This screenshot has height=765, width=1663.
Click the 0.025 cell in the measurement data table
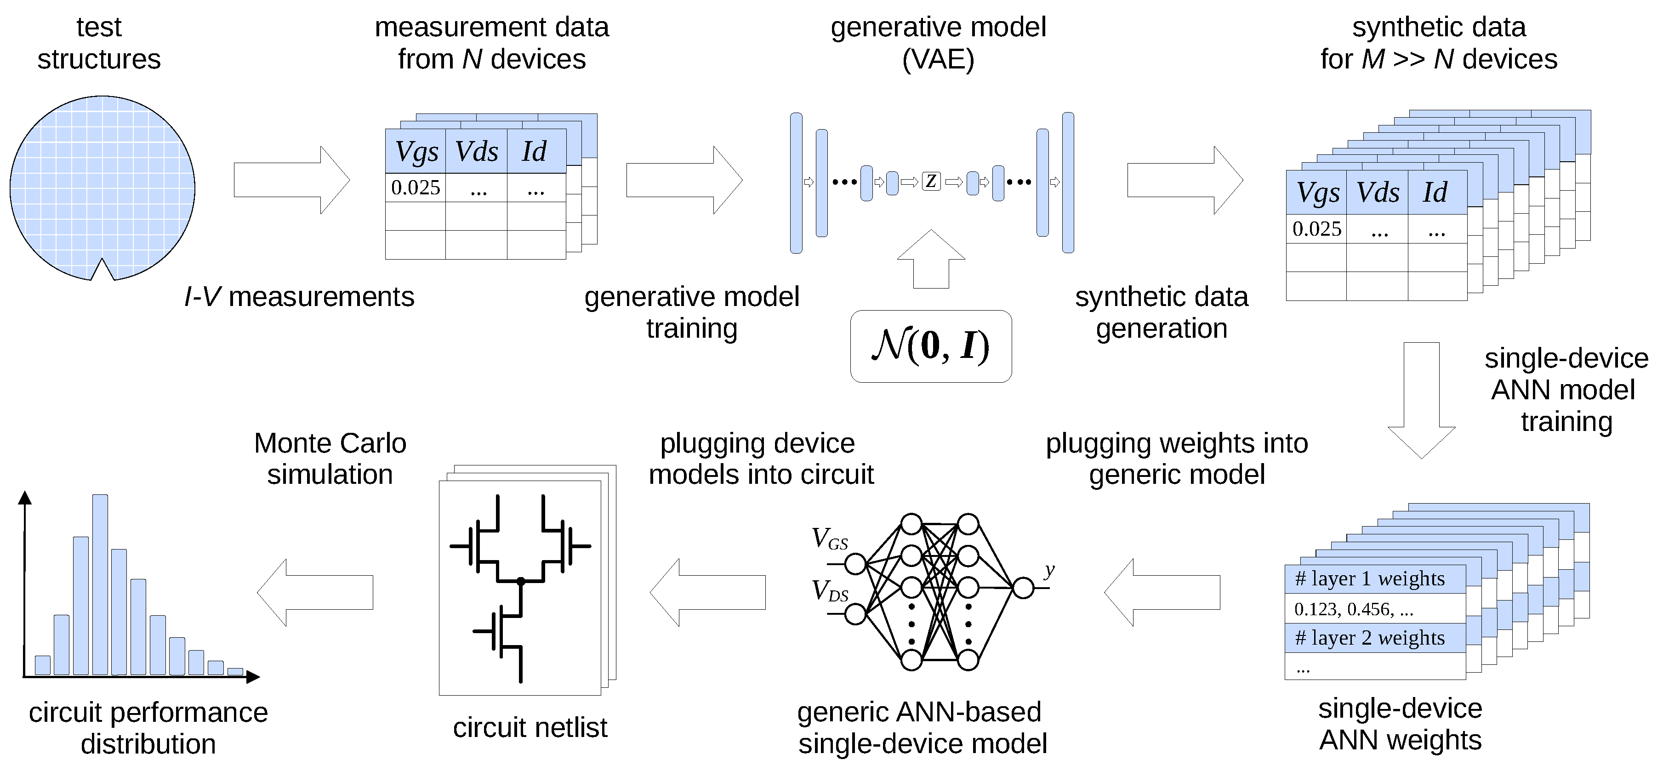pyautogui.click(x=415, y=188)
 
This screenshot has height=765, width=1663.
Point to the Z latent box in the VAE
pyautogui.click(x=930, y=181)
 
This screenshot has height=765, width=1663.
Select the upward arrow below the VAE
pyautogui.click(x=931, y=259)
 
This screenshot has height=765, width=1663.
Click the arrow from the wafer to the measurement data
pyautogui.click(x=291, y=180)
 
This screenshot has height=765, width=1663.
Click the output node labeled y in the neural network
pyautogui.click(x=1023, y=588)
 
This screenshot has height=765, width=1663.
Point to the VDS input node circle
pyautogui.click(x=855, y=614)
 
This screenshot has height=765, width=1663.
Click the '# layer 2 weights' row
pyautogui.click(x=1375, y=638)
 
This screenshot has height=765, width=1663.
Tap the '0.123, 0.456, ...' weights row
pyautogui.click(x=1375, y=609)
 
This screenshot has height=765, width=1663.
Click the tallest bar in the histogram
pyautogui.click(x=100, y=584)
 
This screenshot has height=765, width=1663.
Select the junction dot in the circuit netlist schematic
pyautogui.click(x=520, y=582)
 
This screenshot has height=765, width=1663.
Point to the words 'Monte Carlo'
pyautogui.click(x=330, y=443)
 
